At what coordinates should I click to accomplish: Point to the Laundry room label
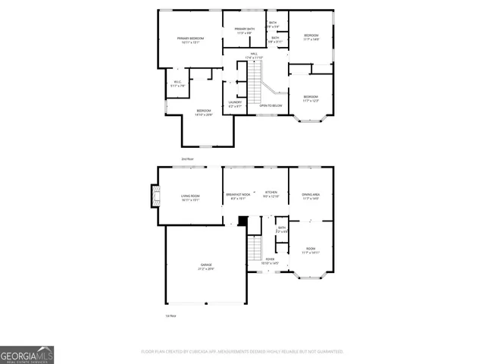click(x=235, y=103)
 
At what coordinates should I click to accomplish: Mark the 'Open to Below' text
click(x=271, y=105)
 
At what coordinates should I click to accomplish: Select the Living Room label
click(x=189, y=198)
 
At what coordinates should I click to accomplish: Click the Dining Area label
click(x=311, y=196)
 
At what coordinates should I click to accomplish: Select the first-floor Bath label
click(x=281, y=228)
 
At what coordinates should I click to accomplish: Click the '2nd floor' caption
click(x=187, y=158)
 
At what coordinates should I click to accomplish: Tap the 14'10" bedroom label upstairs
click(x=203, y=111)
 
